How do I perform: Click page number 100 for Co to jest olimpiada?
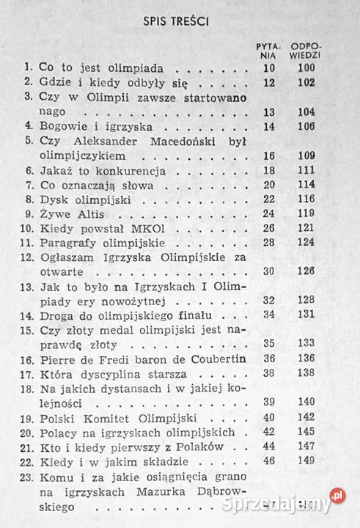point(306,67)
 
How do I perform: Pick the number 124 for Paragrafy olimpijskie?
point(306,243)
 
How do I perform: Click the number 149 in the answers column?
point(306,461)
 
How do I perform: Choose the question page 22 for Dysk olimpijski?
point(267,199)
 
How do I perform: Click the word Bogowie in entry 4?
point(66,126)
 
